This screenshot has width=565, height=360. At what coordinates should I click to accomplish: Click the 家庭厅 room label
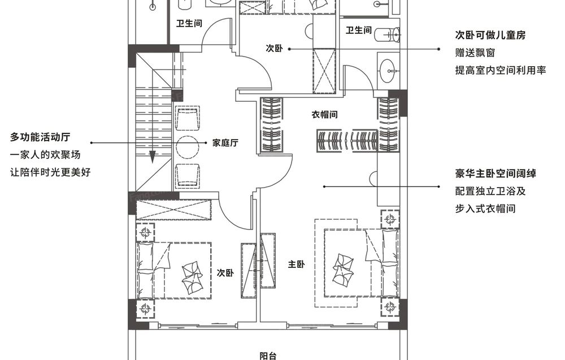pos(225,143)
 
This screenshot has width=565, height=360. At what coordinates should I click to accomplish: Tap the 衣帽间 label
pos(325,115)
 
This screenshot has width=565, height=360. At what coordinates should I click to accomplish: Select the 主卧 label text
pos(296,264)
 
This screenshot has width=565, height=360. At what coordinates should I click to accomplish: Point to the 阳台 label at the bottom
pos(268,355)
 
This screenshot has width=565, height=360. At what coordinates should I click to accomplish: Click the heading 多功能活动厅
pos(40,137)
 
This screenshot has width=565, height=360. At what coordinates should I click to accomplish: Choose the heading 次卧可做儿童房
pos(490,35)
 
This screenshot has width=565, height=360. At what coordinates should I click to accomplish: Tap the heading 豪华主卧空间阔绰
pos(496,174)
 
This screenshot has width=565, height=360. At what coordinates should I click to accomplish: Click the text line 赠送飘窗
pos(475,53)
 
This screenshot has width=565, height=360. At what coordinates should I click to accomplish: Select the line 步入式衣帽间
pos(485,209)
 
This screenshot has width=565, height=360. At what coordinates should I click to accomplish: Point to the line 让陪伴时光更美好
pos(50,172)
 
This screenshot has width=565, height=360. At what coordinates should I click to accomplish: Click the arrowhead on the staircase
pos(153,157)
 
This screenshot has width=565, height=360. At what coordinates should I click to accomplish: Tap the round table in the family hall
pos(187,147)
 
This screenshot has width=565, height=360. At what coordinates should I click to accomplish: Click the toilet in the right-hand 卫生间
pos(388,35)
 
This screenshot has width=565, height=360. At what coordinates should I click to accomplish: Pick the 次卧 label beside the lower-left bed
pos(225,273)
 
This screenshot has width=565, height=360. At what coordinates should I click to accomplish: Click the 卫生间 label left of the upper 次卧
pos(189,23)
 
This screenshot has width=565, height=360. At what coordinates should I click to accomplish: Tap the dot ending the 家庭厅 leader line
pos(206,143)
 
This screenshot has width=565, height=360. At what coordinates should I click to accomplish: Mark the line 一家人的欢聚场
pos(45,155)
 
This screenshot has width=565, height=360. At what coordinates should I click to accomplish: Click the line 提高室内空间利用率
pos(501,70)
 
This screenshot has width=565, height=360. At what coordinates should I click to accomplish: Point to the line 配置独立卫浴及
pos(490,191)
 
